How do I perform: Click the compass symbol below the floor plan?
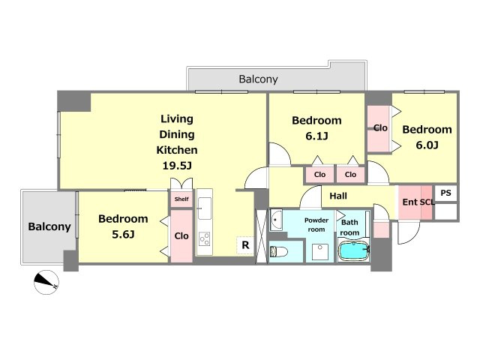point(46,282)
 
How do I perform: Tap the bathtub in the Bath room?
point(353,250)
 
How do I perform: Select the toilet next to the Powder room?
point(279,252)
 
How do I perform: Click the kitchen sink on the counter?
point(205,208)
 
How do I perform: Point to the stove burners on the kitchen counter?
point(205,239)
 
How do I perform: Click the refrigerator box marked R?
point(245,245)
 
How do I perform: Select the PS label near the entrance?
point(445,193)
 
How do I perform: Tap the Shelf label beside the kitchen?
point(181,199)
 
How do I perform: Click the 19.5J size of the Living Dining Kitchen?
point(177,166)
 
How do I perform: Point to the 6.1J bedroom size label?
point(316,136)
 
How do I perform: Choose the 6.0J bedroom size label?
point(427,145)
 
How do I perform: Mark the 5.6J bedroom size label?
point(123,234)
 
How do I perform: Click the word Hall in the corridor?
point(338,196)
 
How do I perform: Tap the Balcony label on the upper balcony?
point(258,79)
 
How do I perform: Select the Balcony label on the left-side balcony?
point(49,226)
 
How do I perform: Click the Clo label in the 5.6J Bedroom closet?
point(181,235)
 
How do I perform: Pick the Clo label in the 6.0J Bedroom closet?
point(380,127)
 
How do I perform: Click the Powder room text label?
point(316,225)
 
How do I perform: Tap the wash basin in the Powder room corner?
point(276,220)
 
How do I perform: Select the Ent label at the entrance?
point(410,202)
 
